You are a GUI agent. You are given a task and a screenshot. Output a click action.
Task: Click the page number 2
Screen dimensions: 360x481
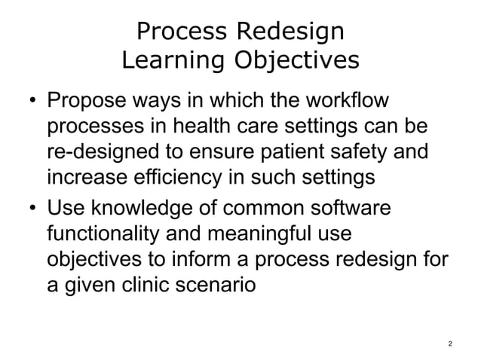tap(450, 344)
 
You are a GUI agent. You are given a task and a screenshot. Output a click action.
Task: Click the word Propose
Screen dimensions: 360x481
tap(85, 102)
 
